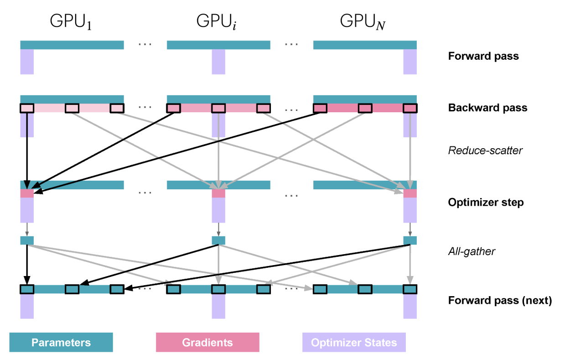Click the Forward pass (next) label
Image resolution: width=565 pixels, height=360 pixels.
coord(500,301)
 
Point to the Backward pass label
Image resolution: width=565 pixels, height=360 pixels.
coord(487,108)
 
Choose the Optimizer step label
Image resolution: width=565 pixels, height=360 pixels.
coord(486,202)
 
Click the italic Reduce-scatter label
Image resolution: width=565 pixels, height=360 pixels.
coord(485,150)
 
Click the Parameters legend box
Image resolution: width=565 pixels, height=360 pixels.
coord(61,343)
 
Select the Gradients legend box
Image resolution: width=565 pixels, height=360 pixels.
coord(207,343)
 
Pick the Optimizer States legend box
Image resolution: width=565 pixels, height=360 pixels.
coord(354,343)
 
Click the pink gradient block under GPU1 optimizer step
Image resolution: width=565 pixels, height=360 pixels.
coord(27,193)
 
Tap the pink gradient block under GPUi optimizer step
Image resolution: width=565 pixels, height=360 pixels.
coord(218,193)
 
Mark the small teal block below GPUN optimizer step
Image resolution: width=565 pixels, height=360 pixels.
coord(410,240)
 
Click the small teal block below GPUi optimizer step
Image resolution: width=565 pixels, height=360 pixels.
coord(218,240)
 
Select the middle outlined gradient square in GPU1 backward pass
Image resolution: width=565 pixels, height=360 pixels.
coord(72,108)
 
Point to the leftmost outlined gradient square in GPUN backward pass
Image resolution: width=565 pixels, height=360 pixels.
coord(320,108)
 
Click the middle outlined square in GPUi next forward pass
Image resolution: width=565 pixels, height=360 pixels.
coord(218,289)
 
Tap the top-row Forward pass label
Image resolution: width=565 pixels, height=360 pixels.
coord(483,57)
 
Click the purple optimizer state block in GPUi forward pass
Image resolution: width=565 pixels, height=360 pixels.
coord(218,62)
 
